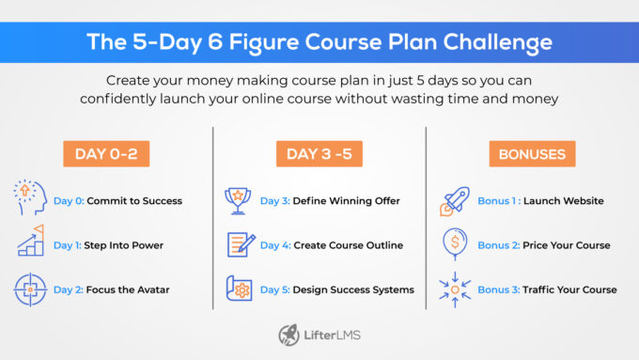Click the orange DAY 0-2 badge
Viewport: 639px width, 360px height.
click(x=106, y=155)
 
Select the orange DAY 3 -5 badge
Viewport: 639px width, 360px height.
click(x=319, y=155)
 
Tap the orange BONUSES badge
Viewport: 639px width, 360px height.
click(x=532, y=155)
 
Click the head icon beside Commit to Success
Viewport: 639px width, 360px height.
click(x=30, y=200)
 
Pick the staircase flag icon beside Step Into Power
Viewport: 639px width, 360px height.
click(x=30, y=244)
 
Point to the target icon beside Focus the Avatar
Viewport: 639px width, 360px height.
click(x=30, y=290)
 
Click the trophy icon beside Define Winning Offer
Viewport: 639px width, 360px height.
click(x=240, y=200)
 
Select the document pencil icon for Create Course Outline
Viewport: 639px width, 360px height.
click(x=241, y=245)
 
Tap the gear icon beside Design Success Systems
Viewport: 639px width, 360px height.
click(x=241, y=290)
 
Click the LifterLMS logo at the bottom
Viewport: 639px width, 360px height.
click(x=319, y=335)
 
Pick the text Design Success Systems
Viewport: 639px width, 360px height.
click(x=353, y=290)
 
